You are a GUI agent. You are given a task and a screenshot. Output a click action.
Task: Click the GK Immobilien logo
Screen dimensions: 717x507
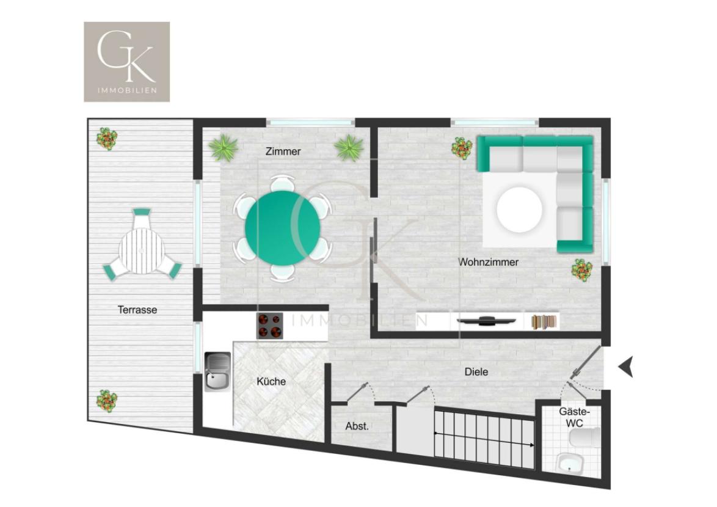(126, 62)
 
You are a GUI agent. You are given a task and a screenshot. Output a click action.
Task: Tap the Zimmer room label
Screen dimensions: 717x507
(283, 151)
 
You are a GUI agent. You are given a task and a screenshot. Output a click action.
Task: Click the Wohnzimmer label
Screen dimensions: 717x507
(489, 262)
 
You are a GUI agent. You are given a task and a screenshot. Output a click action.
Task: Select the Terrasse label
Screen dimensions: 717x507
(137, 310)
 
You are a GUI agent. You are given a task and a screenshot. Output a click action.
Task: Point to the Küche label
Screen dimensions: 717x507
(271, 381)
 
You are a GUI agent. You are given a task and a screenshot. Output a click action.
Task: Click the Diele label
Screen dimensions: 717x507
(476, 371)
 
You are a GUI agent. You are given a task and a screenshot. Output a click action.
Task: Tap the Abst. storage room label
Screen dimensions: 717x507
(357, 426)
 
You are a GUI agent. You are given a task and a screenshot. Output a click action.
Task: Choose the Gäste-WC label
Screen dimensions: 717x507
(574, 417)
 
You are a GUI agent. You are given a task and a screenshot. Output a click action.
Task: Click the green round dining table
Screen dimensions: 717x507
(283, 228)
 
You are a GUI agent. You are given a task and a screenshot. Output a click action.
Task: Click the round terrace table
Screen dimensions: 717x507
(141, 250)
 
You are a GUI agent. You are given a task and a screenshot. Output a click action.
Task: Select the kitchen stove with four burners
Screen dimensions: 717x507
(270, 326)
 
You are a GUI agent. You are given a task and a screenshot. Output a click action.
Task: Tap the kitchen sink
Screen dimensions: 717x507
(217, 371)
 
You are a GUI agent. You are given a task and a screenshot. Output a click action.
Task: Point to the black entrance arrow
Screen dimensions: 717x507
(626, 367)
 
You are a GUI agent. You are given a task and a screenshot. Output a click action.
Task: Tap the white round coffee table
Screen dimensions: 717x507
(520, 210)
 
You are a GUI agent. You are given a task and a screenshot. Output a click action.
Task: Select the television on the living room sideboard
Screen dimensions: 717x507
(487, 321)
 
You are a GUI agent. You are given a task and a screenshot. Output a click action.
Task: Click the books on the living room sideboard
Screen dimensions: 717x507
(545, 321)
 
